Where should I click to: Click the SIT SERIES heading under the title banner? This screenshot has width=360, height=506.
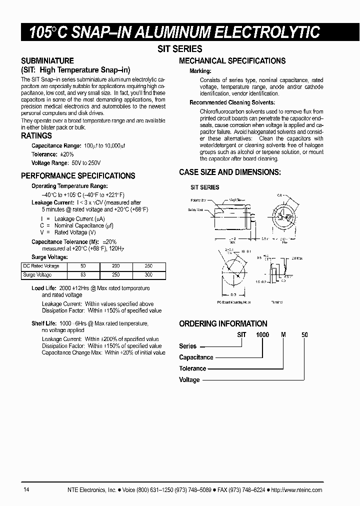coord(180,48)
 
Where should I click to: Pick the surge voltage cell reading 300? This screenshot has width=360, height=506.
coord(148,275)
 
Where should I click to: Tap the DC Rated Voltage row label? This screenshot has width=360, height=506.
coord(41,266)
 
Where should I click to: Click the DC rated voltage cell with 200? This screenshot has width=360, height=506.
coord(115,266)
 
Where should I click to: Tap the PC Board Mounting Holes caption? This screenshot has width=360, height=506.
coord(234,302)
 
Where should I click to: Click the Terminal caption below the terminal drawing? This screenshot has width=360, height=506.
coord(276,302)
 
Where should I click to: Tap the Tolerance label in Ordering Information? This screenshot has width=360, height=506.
coord(192,368)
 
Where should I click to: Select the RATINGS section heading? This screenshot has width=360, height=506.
coord(36,136)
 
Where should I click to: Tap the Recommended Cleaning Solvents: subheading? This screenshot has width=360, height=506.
coord(232,102)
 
